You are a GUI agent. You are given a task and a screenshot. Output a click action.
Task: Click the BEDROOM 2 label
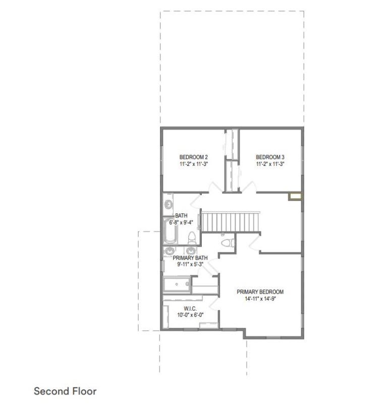point(193,157)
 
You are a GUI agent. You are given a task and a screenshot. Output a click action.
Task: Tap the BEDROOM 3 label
point(270,157)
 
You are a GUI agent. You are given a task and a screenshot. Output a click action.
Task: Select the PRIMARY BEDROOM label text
point(260,292)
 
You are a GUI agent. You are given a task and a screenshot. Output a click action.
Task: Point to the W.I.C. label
point(190,309)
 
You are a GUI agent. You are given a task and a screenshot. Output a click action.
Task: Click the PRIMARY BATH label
point(190,258)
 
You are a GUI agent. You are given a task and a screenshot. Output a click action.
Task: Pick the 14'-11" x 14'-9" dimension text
point(260,299)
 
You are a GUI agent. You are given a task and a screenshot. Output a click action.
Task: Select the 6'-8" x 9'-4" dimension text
point(181,222)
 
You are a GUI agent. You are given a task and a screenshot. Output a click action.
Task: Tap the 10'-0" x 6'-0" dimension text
point(190,315)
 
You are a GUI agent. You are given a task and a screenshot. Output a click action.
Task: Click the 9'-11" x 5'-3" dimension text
point(190,264)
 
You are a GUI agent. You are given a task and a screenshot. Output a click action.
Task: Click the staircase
point(231,222)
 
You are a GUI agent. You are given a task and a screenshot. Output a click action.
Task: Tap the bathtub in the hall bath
point(170,230)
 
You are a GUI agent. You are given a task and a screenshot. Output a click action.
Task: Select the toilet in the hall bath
point(192,238)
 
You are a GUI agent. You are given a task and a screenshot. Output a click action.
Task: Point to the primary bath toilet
point(228,243)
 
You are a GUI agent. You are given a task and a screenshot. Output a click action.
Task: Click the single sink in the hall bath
point(169,204)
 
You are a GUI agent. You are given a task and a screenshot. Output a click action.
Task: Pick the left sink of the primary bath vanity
point(170,251)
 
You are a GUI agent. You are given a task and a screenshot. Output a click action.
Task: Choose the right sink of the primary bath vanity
point(191,251)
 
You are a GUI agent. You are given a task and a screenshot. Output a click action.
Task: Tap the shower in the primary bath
point(177,284)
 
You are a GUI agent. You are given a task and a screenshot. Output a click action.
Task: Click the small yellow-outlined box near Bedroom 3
point(295,196)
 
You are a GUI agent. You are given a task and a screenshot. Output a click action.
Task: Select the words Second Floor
point(65,391)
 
